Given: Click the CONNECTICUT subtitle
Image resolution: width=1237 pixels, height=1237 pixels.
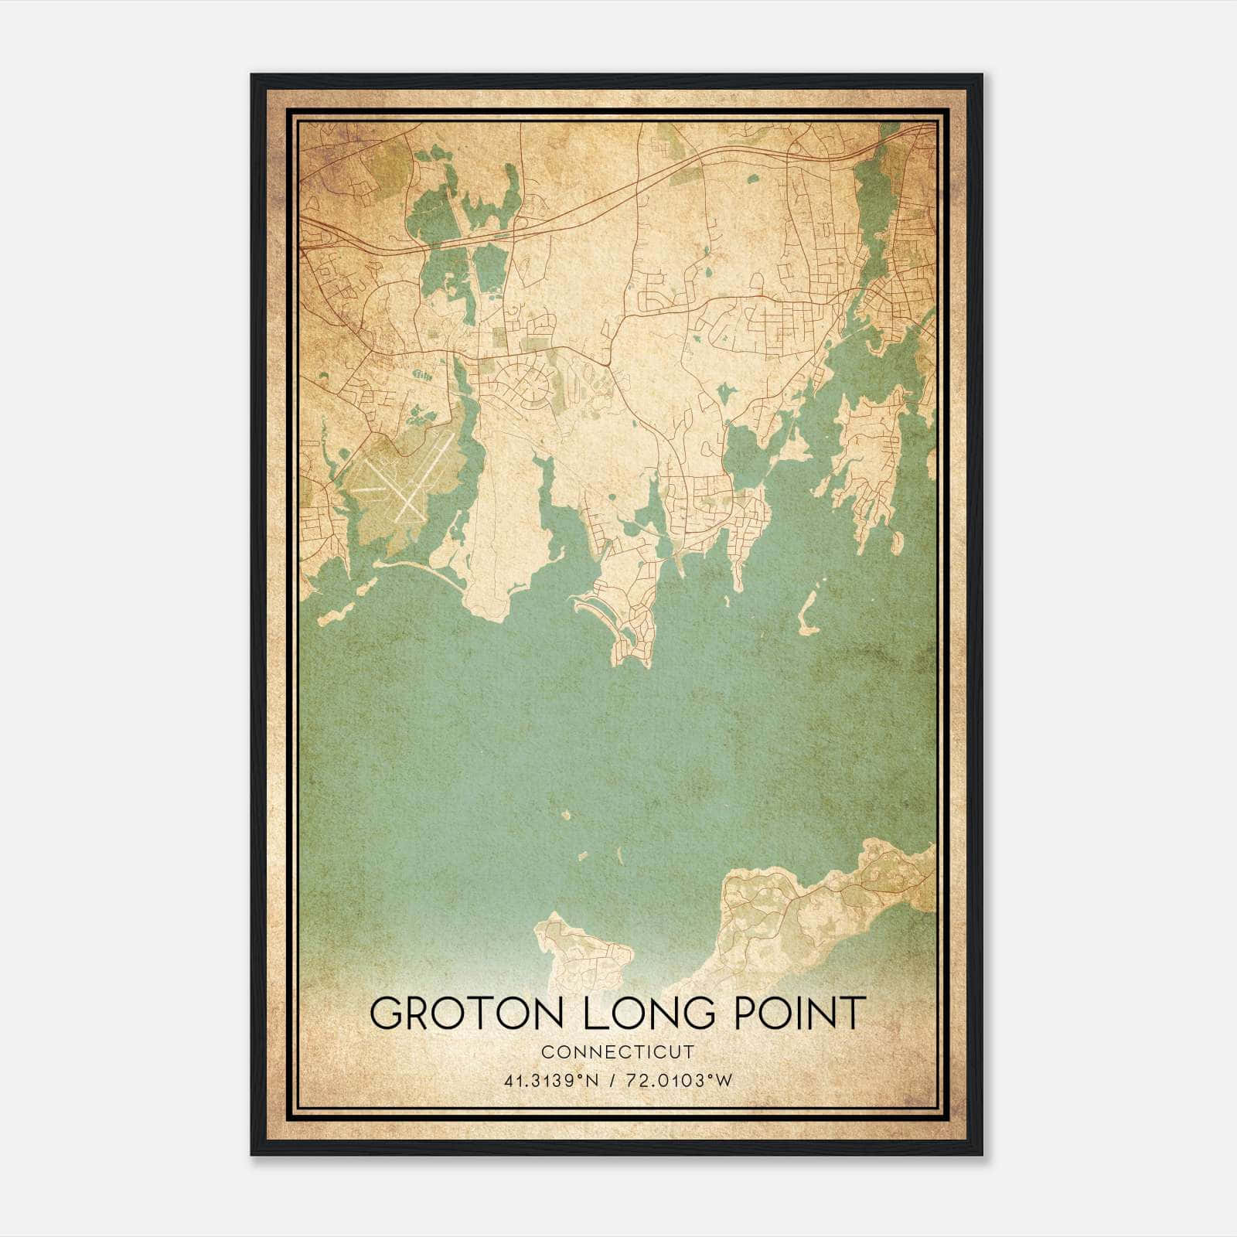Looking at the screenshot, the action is pyautogui.click(x=618, y=1051).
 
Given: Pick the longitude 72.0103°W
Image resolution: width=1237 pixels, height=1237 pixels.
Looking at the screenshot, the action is pyautogui.click(x=680, y=1081).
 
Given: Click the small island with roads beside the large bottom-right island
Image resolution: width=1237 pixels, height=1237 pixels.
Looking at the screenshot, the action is pyautogui.click(x=585, y=951).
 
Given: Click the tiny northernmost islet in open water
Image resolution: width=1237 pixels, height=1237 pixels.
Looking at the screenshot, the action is pyautogui.click(x=567, y=815).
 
